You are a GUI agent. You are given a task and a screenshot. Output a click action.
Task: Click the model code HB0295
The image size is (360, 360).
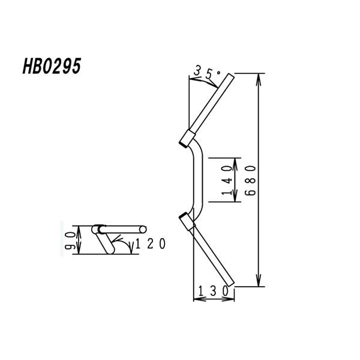52,66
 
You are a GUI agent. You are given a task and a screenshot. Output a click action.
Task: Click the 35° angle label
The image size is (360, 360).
207,72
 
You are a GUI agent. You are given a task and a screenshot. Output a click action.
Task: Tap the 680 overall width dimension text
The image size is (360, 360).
250,181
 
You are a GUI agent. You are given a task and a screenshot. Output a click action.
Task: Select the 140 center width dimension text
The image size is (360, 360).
227,180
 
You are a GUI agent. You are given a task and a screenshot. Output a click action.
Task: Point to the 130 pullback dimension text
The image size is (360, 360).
213,291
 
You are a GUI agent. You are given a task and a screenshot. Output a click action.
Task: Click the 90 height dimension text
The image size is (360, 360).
70,241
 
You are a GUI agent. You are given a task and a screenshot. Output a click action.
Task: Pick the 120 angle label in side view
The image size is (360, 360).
151,244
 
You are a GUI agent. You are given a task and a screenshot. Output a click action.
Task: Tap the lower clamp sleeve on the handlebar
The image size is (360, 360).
187,221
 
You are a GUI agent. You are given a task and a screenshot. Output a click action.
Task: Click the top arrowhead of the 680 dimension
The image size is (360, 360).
259,79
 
